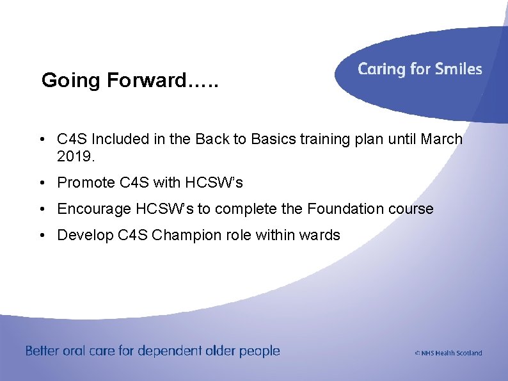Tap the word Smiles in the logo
[457, 69]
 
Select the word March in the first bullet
[441, 139]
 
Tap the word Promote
[86, 182]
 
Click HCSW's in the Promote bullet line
[214, 182]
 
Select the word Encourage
[93, 209]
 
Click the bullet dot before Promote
[41, 183]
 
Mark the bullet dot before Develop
[41, 236]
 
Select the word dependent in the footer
[169, 351]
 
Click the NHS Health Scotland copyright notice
[448, 353]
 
